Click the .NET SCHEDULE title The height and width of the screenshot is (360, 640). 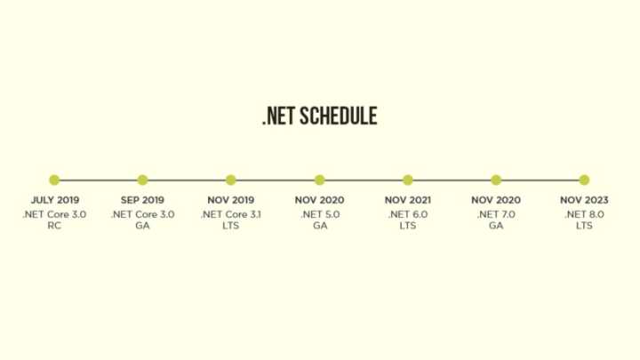click(320, 116)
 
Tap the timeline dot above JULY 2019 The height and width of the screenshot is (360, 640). click(54, 180)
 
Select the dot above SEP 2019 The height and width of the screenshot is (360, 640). click(142, 180)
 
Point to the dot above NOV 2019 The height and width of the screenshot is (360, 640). click(230, 180)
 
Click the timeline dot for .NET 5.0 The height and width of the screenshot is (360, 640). click(320, 180)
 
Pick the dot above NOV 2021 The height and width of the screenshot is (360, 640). click(408, 180)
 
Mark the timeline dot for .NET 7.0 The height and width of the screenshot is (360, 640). click(496, 180)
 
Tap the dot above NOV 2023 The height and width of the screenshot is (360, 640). click(584, 180)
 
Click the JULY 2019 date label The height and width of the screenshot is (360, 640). click(55, 200)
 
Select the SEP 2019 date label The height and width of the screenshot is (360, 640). click(142, 200)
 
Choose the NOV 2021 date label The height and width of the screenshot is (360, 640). click(408, 200)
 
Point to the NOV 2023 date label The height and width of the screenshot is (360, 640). click(584, 200)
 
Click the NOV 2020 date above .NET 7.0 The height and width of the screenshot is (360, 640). click(496, 200)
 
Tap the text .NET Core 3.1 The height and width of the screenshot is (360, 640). click(230, 214)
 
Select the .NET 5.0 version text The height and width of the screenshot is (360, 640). click(320, 214)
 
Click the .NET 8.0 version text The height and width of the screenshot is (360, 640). click(584, 214)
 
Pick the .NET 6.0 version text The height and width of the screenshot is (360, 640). click(408, 214)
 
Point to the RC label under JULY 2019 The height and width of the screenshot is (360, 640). click(54, 226)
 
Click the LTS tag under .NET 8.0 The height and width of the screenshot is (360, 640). click(584, 226)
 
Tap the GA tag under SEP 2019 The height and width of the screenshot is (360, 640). click(142, 226)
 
